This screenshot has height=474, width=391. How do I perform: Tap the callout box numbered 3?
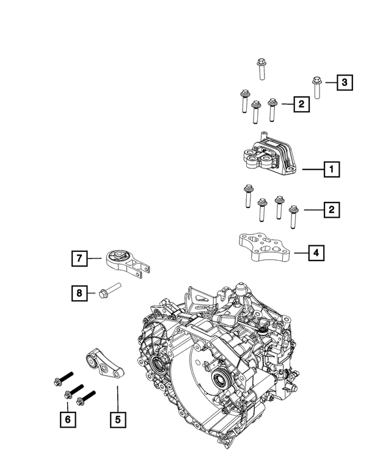click(345, 82)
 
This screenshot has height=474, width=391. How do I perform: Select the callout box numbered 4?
click(316, 252)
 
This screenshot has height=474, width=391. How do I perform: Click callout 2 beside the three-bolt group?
click(301, 104)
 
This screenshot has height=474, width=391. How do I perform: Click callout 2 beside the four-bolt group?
click(331, 210)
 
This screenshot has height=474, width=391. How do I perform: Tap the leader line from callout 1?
click(311, 169)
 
